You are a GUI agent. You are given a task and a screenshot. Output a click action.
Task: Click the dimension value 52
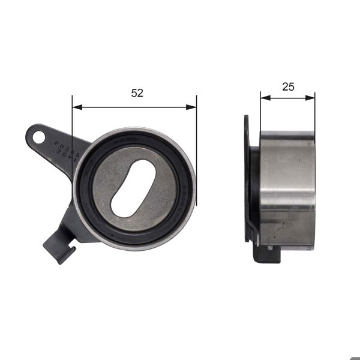pyautogui.click(x=137, y=93)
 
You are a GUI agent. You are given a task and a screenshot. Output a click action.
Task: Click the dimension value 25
pyautogui.click(x=288, y=86)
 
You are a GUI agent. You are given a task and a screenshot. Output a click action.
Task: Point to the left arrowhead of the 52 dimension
pyautogui.click(x=76, y=107)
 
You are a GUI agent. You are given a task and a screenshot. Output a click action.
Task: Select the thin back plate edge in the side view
pyautogui.click(x=247, y=180)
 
